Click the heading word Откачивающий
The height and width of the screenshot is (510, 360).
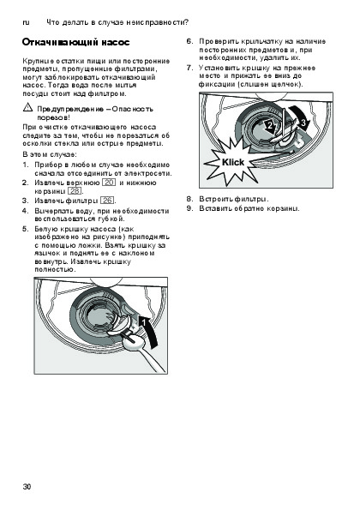[59, 43]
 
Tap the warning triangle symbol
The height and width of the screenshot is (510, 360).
[27, 107]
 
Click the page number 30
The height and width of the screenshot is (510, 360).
[27, 487]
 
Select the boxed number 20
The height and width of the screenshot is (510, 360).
[109, 183]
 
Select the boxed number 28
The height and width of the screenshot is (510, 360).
[75, 191]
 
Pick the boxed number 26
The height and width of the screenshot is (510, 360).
[107, 201]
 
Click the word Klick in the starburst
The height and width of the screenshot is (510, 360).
[233, 162]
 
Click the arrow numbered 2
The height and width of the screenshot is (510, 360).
[270, 127]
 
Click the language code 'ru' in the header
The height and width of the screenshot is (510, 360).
[26, 22]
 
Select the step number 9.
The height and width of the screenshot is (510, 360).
[189, 208]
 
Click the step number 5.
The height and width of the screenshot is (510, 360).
[26, 229]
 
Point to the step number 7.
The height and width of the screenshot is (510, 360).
[189, 68]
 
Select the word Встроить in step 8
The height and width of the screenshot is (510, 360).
[215, 199]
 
